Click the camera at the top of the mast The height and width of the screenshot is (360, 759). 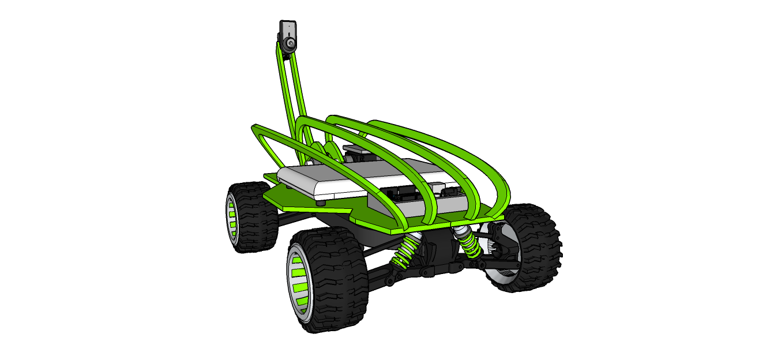pyautogui.click(x=287, y=36)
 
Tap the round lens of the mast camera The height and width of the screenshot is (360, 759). pyautogui.click(x=290, y=43)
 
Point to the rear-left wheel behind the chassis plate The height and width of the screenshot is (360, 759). pyautogui.click(x=249, y=216)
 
